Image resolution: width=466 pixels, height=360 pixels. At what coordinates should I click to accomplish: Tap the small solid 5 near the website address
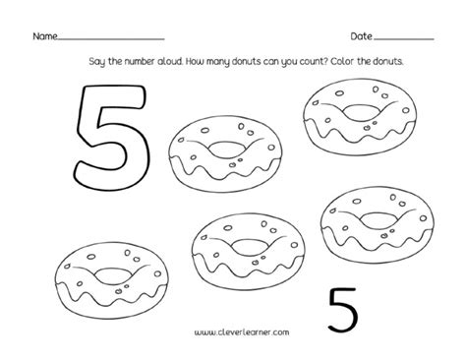[342, 309]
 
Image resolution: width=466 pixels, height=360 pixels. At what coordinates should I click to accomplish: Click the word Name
[45, 36]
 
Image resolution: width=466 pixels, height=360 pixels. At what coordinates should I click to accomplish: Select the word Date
[361, 36]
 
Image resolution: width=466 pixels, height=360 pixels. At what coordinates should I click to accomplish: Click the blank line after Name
[111, 39]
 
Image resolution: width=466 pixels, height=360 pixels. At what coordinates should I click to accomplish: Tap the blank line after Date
[404, 39]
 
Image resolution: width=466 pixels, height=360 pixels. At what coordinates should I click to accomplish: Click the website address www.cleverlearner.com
[242, 332]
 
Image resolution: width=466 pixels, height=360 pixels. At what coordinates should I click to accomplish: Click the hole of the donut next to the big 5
[225, 149]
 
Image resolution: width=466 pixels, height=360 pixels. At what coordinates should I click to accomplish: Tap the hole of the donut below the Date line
[359, 112]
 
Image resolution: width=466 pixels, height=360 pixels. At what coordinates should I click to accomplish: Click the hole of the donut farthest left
[112, 275]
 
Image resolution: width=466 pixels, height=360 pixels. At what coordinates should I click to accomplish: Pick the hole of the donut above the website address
[249, 247]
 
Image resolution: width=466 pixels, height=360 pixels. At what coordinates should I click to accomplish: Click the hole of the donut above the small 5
[377, 219]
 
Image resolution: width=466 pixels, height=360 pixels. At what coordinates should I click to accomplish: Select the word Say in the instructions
[96, 62]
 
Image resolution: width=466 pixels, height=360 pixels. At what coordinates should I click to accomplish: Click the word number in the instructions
[135, 61]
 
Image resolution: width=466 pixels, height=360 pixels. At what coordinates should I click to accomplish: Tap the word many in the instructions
[218, 62]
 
